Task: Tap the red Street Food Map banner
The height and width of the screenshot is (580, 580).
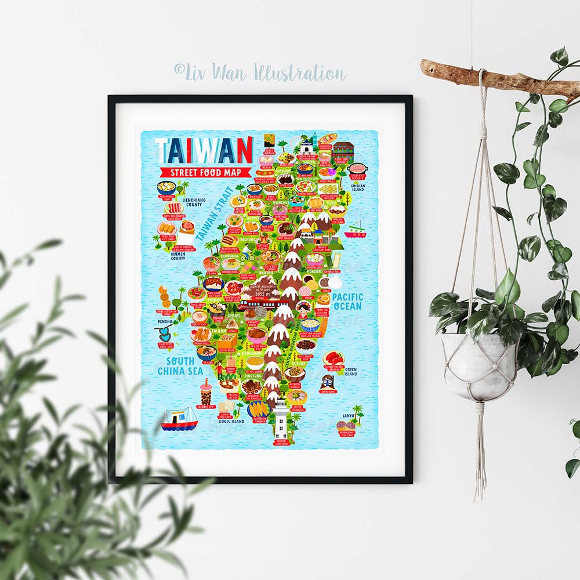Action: [x=206, y=172]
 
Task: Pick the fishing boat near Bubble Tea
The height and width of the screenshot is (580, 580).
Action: [x=179, y=419]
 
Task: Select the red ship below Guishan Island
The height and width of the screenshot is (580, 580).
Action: [x=355, y=231]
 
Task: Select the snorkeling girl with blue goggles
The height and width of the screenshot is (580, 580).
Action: [x=327, y=381]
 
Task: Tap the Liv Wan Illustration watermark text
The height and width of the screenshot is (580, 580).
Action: [x=260, y=72]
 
